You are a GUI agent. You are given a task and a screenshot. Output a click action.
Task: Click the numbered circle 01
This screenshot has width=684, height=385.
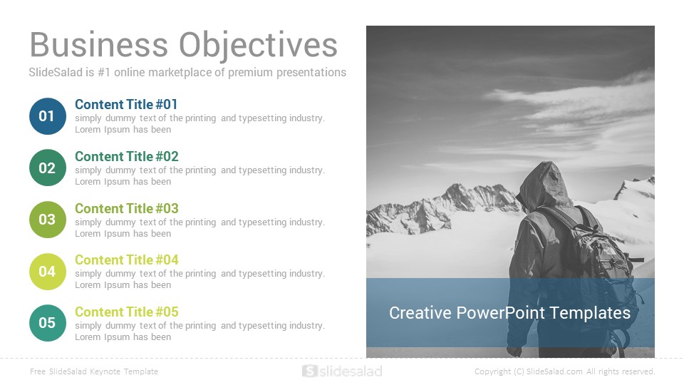[x=48, y=116]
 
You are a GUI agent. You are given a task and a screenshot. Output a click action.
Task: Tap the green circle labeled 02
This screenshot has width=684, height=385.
[x=48, y=168]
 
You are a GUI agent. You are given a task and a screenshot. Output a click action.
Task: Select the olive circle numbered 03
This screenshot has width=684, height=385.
[x=48, y=220]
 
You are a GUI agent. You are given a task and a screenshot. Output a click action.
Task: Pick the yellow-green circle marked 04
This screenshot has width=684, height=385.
[x=48, y=272]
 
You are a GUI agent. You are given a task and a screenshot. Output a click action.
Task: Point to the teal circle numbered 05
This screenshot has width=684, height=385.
[x=48, y=323]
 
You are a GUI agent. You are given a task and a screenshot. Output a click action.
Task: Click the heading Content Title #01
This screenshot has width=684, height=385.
[x=126, y=104]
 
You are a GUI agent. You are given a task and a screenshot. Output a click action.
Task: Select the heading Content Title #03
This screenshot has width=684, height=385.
[x=127, y=208]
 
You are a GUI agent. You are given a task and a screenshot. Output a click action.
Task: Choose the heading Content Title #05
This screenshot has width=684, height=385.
[x=127, y=312]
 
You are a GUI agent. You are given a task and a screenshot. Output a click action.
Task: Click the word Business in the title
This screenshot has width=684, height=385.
[x=98, y=44]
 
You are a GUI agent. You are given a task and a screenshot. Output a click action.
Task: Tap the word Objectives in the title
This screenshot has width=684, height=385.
[x=258, y=46]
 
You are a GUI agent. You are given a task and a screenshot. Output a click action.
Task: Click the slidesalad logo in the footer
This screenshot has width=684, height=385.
[x=343, y=371]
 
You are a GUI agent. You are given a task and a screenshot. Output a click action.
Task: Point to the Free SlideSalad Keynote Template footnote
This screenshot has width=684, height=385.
[x=94, y=371]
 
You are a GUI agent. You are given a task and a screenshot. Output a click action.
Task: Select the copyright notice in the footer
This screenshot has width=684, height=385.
[x=565, y=371]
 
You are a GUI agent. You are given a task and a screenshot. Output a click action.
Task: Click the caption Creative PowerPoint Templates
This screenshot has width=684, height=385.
[x=509, y=313]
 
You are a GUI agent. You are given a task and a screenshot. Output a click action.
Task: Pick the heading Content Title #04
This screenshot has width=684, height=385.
[x=127, y=260]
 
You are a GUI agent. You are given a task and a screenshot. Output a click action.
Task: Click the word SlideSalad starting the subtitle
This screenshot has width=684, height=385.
[x=56, y=73]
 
